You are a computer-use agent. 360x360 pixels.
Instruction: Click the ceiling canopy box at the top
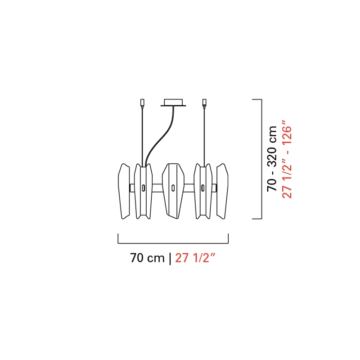click(173, 103)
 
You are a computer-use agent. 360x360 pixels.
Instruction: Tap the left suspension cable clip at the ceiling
click(142, 103)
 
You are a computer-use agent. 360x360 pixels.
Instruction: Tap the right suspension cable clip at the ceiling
click(204, 103)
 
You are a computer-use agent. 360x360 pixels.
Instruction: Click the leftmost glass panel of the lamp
click(123, 191)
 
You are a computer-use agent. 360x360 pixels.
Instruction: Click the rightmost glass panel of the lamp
click(222, 191)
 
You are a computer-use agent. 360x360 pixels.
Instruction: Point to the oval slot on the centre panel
click(173, 188)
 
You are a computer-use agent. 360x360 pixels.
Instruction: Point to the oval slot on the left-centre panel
click(143, 188)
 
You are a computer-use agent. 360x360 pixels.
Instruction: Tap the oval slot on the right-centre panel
click(203, 188)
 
